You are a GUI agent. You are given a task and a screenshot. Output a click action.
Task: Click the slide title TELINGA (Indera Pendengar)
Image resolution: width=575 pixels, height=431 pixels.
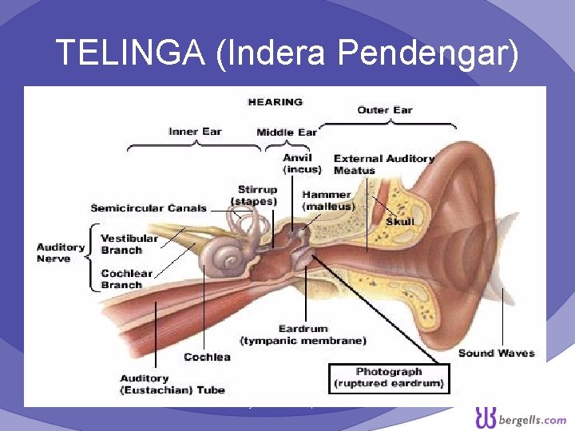pyautogui.click(x=287, y=53)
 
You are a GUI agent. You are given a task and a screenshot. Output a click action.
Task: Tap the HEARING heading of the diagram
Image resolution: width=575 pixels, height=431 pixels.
pyautogui.click(x=276, y=102)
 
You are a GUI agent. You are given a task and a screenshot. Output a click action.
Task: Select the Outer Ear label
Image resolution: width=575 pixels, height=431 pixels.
pyautogui.click(x=385, y=110)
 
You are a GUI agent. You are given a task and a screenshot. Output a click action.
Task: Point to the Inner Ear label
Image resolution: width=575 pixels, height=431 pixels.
pyautogui.click(x=195, y=132)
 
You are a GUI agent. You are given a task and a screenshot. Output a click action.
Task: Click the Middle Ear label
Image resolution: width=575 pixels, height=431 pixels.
pyautogui.click(x=287, y=132)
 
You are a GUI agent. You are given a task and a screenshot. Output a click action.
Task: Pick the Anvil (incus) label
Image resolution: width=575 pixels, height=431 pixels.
pyautogui.click(x=302, y=164)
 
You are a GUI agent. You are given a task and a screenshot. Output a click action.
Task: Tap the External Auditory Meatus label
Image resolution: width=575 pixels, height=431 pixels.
pyautogui.click(x=383, y=164)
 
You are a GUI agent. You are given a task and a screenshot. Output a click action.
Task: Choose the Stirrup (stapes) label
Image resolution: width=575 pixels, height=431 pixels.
pyautogui.click(x=255, y=196)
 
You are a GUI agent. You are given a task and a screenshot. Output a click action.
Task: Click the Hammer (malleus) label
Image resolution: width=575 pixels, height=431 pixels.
pyautogui.click(x=327, y=200)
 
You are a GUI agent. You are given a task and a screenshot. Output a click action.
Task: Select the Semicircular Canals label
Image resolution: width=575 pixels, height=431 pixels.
pyautogui.click(x=149, y=208)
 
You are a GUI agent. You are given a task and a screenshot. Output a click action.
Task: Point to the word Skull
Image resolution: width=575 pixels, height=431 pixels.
pyautogui.click(x=400, y=221)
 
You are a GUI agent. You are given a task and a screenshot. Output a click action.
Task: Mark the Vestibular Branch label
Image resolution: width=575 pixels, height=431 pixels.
pyautogui.click(x=129, y=244)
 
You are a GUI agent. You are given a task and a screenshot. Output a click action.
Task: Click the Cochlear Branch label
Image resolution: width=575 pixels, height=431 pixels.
pyautogui.click(x=126, y=279)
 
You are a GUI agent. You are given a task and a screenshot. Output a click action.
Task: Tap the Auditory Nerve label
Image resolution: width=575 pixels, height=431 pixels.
pyautogui.click(x=61, y=253)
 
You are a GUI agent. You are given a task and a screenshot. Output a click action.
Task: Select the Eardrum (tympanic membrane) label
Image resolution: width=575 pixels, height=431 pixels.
pyautogui.click(x=322, y=334)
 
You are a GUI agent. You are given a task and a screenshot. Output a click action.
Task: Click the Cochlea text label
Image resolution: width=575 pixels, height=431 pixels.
pyautogui.click(x=207, y=357)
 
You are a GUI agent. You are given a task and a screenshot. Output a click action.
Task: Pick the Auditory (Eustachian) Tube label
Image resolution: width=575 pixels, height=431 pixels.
pyautogui.click(x=172, y=384)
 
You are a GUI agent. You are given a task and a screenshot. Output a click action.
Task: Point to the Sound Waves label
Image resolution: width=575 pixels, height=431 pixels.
pyautogui.click(x=496, y=353)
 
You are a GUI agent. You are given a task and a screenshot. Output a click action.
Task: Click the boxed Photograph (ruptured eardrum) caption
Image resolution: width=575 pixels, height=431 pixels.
pyautogui.click(x=389, y=378)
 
